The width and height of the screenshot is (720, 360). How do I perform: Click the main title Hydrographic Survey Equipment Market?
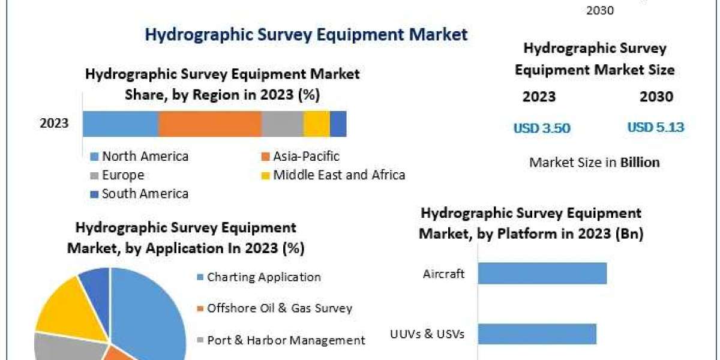[x=306, y=34]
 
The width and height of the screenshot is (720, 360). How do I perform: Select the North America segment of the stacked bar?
[x=120, y=124]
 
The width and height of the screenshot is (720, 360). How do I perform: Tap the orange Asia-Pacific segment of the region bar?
[x=209, y=124]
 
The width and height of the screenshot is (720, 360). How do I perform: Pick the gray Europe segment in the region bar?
[x=282, y=124]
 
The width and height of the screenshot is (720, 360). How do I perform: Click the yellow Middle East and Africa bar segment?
[x=316, y=124]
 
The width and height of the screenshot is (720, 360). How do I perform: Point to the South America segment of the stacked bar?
[x=338, y=124]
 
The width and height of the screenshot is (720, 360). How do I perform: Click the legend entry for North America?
[x=145, y=157]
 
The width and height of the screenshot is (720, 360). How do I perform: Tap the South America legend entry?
[x=145, y=194]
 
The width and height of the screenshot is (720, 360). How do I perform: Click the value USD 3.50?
[x=541, y=128]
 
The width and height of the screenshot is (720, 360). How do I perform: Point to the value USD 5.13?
[x=656, y=127]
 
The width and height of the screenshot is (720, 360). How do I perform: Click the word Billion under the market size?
[x=640, y=162]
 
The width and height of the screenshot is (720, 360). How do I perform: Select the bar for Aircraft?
[x=542, y=274]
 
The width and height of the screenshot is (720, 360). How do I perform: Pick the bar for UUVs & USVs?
[x=537, y=334]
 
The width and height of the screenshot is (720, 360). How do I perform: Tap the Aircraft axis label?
[x=443, y=274]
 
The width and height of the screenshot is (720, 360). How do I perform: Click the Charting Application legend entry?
[x=263, y=277]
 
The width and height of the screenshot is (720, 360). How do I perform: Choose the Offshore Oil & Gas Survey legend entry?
[x=279, y=308]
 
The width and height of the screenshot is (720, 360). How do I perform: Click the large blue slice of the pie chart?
[x=150, y=312]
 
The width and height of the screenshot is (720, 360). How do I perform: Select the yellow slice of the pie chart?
[x=60, y=306]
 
